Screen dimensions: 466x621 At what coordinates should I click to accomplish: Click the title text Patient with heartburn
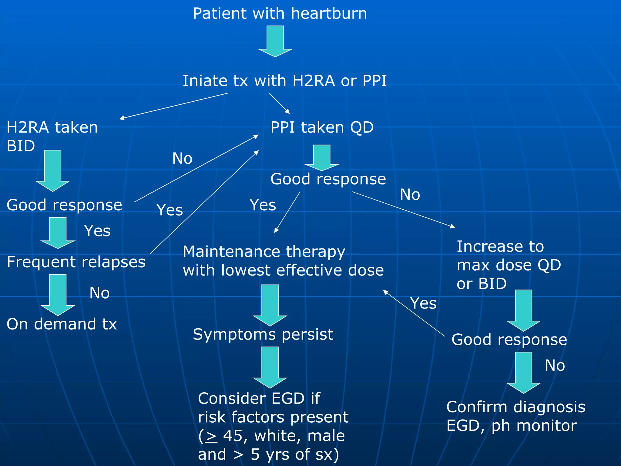tap(280, 14)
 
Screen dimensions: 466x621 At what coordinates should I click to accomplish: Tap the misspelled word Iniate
tap(204, 81)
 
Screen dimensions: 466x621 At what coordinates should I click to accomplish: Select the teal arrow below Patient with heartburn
tap(275, 41)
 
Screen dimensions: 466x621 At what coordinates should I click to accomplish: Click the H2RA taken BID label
tap(52, 136)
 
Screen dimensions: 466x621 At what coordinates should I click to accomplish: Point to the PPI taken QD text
tap(322, 127)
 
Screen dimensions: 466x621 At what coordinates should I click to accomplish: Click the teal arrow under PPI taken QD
tap(321, 157)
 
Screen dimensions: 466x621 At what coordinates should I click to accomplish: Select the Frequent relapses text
tap(76, 262)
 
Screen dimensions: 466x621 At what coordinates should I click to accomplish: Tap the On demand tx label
tap(62, 324)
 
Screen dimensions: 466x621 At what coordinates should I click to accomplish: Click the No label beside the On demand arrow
tap(99, 293)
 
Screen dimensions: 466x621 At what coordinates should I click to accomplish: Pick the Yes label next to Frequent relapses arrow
tap(97, 231)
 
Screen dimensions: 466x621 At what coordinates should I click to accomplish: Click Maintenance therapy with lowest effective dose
tap(283, 261)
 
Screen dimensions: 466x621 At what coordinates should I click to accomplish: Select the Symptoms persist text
tap(263, 335)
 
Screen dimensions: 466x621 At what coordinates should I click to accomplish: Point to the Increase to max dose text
tap(509, 265)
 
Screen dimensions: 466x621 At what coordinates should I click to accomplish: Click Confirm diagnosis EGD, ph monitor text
tap(515, 416)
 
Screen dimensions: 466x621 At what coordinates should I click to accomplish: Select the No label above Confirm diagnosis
tap(555, 366)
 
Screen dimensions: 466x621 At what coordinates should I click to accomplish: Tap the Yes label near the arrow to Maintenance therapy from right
tap(423, 303)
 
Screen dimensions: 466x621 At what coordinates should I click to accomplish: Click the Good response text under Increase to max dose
tap(509, 339)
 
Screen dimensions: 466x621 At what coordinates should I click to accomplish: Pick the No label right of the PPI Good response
tap(410, 195)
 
